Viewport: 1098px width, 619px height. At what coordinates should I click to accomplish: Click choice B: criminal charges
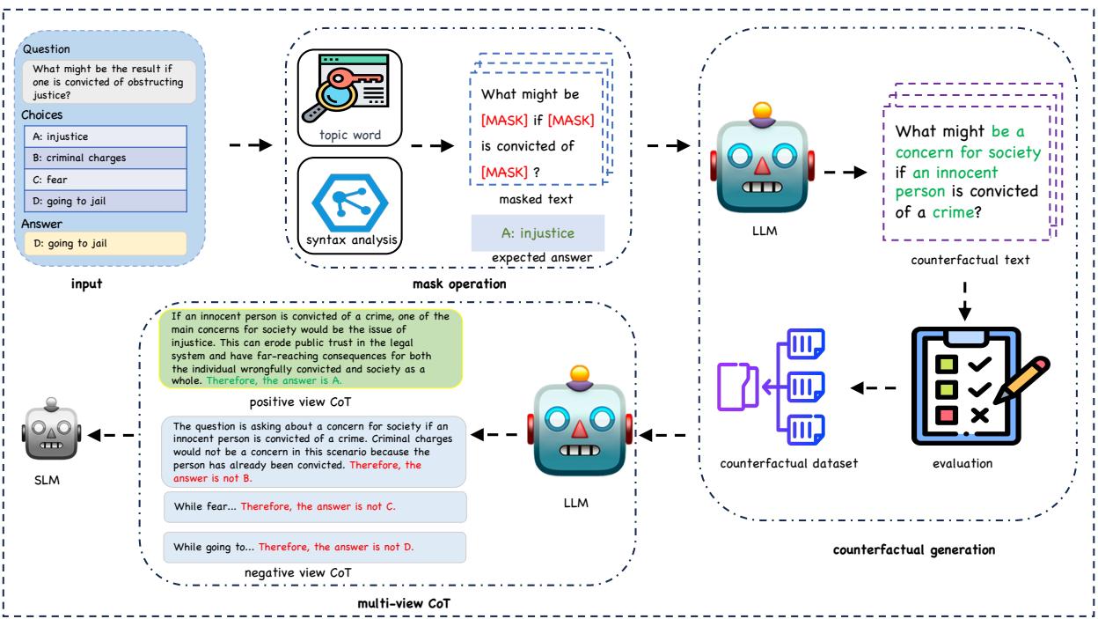pyautogui.click(x=106, y=158)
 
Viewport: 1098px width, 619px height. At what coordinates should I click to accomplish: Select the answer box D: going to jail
pyautogui.click(x=106, y=243)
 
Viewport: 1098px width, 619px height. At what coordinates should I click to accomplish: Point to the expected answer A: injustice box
pyautogui.click(x=538, y=233)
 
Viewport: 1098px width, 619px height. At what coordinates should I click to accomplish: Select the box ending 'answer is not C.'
pyautogui.click(x=314, y=507)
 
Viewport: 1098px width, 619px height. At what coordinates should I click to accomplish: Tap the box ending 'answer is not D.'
pyautogui.click(x=314, y=547)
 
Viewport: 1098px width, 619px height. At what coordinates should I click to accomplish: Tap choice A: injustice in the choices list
pyautogui.click(x=106, y=136)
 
